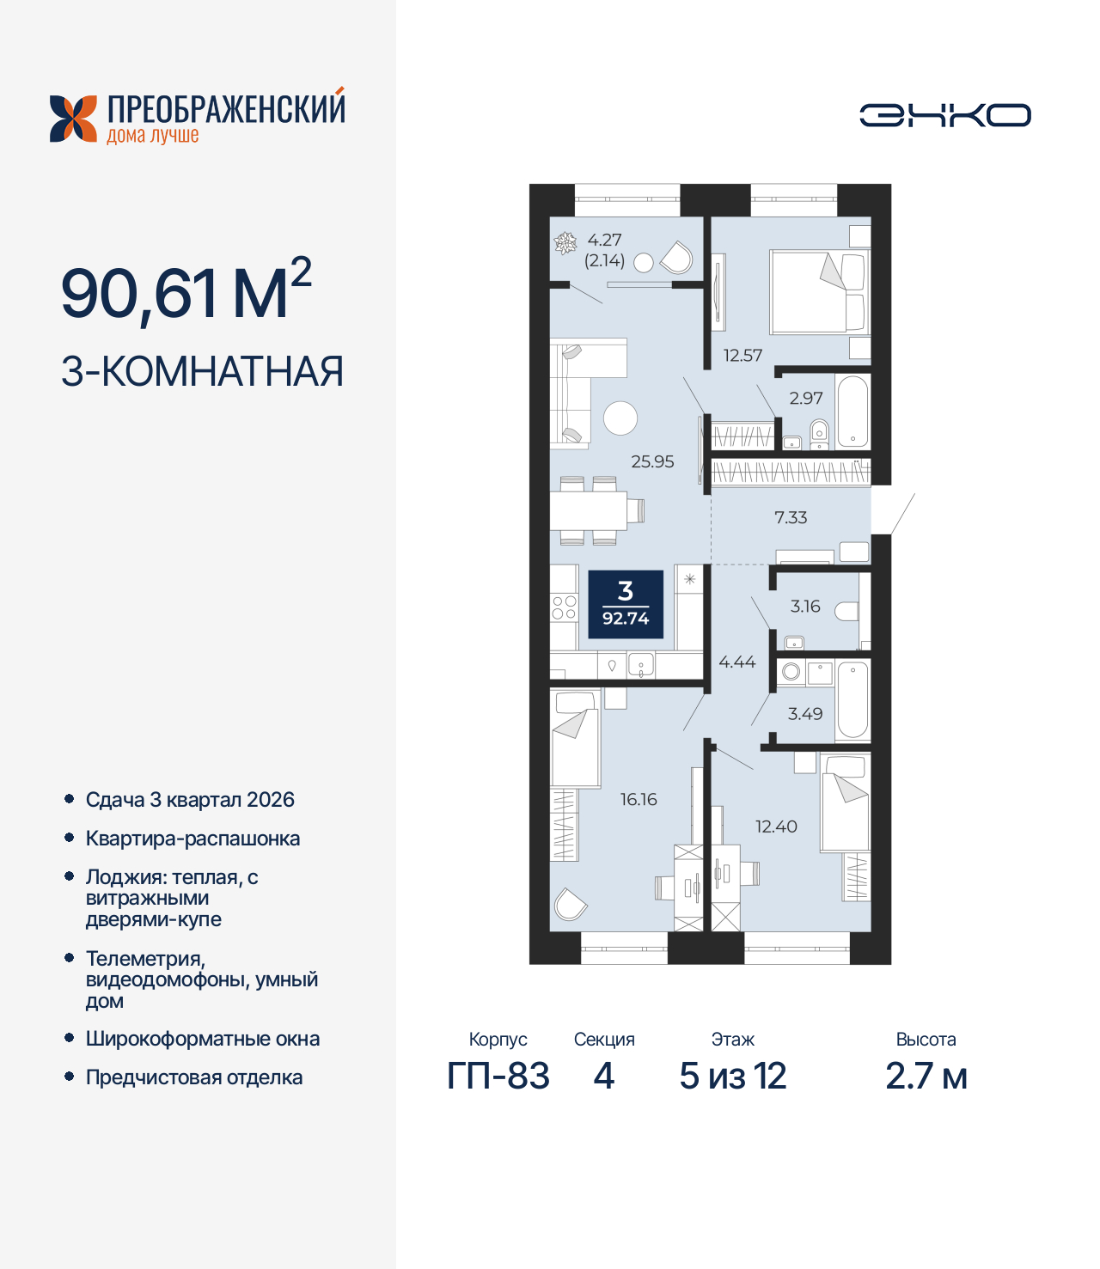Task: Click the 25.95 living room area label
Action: click(x=652, y=461)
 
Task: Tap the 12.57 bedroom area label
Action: click(x=742, y=355)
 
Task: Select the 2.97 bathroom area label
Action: click(x=806, y=398)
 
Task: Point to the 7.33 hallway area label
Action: click(x=791, y=517)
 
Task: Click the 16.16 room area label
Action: click(x=639, y=799)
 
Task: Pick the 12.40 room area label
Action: click(x=776, y=827)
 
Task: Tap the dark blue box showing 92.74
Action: click(x=626, y=604)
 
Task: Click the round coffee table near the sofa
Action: click(x=620, y=418)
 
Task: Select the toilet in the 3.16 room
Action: click(x=846, y=611)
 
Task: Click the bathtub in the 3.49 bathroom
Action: click(x=852, y=699)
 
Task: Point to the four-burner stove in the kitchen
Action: click(x=564, y=607)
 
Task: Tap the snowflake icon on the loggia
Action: click(x=565, y=244)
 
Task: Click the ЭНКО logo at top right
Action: click(x=945, y=115)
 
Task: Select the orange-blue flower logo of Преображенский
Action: click(x=73, y=119)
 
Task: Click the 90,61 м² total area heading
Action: click(x=186, y=292)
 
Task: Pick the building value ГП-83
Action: click(x=498, y=1076)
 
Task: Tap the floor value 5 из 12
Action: click(x=733, y=1076)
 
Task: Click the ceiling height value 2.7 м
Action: click(x=926, y=1076)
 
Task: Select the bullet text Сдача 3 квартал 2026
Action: click(x=190, y=799)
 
